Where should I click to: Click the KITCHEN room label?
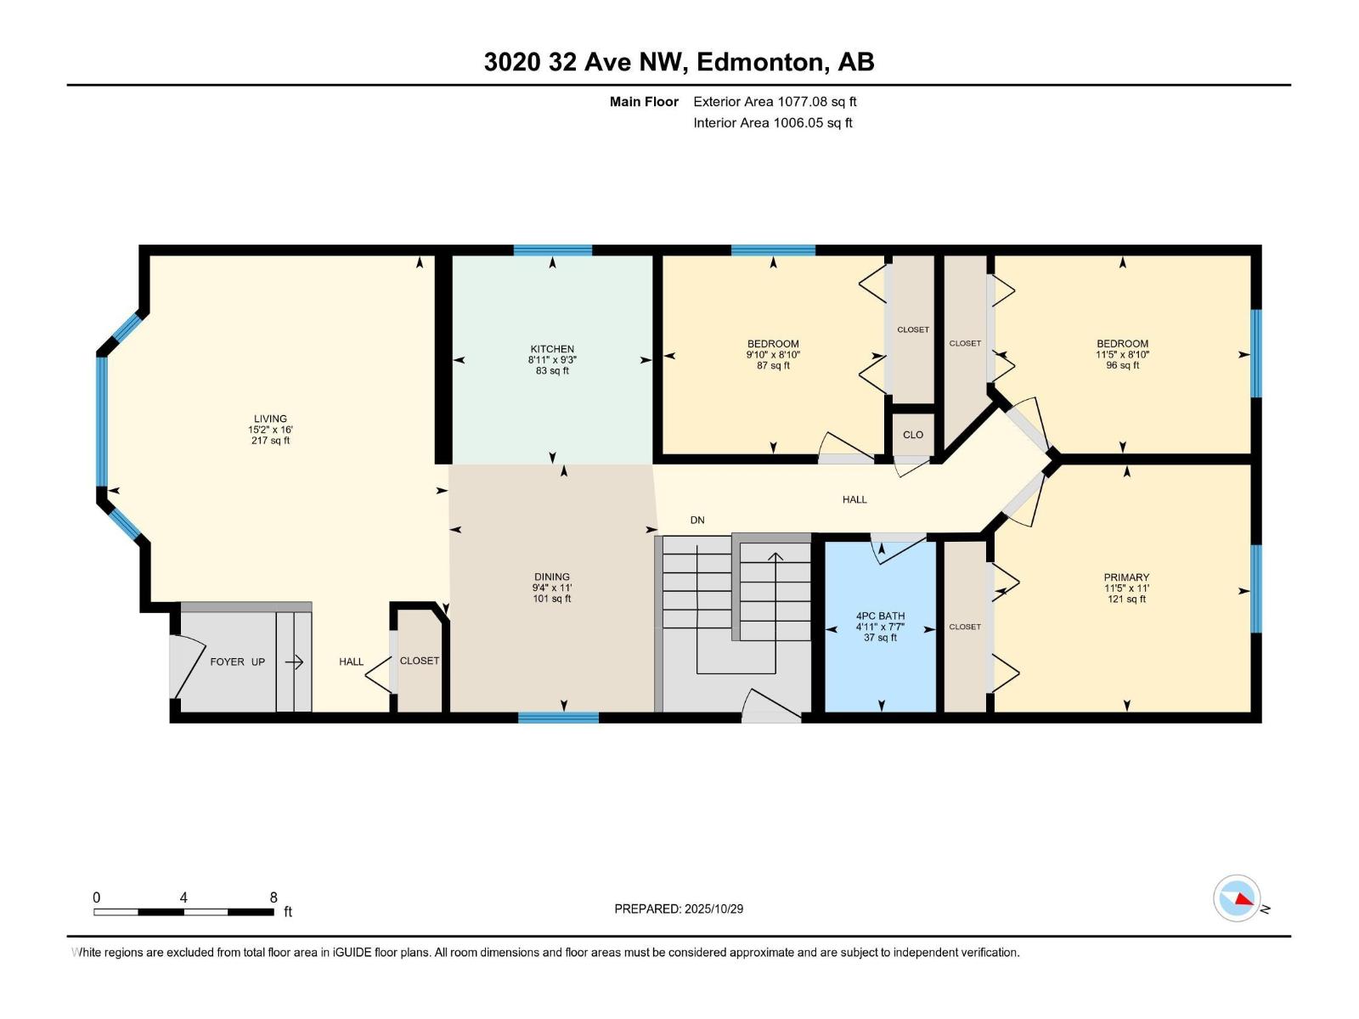[552, 349]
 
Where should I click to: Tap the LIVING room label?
[270, 419]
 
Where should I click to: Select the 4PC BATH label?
[880, 616]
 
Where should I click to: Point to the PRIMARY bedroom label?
[1126, 577]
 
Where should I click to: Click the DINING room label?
[551, 577]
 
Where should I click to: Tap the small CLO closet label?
[913, 435]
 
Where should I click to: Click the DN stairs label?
[696, 520]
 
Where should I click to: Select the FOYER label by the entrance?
[227, 662]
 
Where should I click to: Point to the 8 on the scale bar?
[273, 898]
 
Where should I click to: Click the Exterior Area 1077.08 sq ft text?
[775, 102]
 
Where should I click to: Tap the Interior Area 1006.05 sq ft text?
[772, 123]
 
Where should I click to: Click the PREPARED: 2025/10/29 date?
[679, 909]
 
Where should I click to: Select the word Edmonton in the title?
[760, 62]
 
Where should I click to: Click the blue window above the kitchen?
[552, 250]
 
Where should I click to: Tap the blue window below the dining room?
[558, 718]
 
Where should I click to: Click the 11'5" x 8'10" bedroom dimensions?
[1122, 355]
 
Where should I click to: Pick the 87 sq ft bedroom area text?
[773, 366]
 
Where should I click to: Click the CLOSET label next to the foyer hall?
[420, 661]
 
